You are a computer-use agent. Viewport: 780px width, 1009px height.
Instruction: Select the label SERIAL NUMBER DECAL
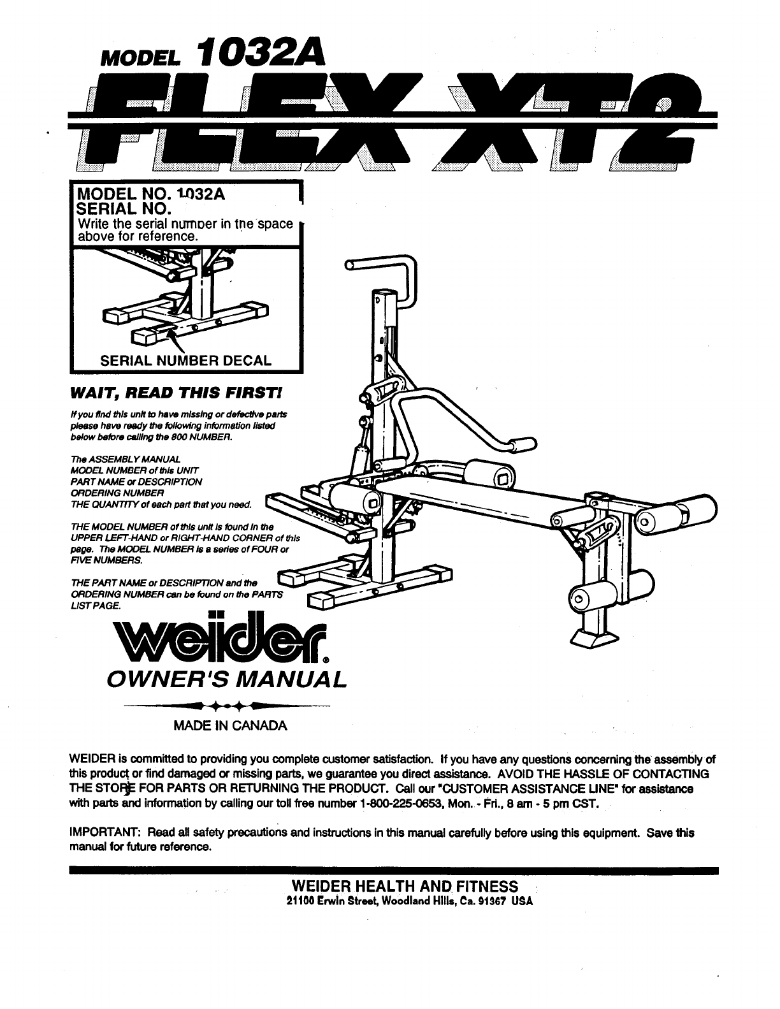[x=185, y=359]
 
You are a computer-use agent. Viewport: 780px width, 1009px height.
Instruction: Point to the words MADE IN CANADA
[x=230, y=726]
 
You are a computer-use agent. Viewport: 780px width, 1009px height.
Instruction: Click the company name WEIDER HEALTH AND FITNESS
[x=404, y=887]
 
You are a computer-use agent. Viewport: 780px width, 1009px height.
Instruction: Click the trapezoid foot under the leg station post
[x=597, y=637]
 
